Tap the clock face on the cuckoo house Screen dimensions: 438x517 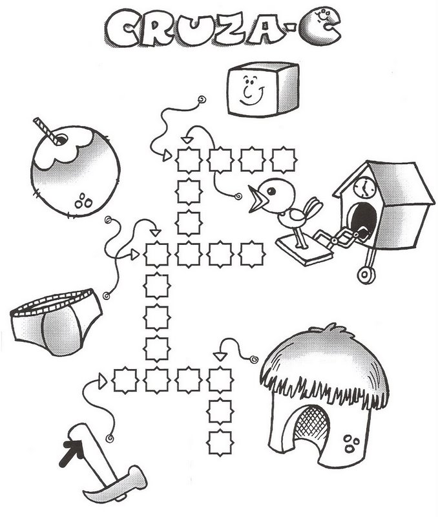(364, 187)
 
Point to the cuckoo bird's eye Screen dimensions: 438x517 (271, 191)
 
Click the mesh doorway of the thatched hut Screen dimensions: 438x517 (312, 422)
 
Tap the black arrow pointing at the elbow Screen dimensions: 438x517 (71, 453)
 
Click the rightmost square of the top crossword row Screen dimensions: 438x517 (284, 160)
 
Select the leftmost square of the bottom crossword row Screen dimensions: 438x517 (125, 380)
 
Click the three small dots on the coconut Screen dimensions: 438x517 (84, 200)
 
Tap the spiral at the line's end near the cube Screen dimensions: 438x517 (202, 100)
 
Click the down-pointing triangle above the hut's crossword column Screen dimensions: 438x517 (220, 356)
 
